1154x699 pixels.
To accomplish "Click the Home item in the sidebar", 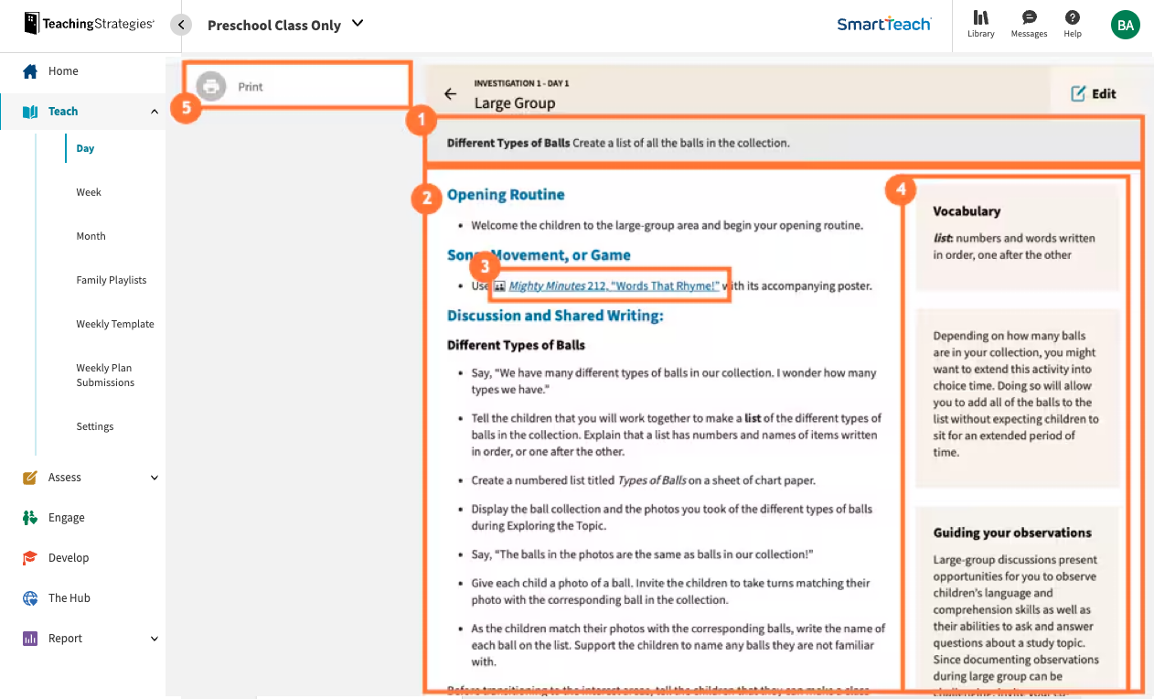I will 62,71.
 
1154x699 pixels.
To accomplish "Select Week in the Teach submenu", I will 89,192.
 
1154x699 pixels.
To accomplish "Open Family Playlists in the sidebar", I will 111,280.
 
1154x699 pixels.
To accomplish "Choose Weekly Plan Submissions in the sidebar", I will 104,375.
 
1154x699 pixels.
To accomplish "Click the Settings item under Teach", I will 94,426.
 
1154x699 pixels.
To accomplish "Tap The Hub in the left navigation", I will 69,598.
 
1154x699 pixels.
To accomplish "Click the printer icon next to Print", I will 211,87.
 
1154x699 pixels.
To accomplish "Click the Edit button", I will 1094,93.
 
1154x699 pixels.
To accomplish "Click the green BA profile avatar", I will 1125,26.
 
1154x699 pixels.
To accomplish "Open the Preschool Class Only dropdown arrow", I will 358,24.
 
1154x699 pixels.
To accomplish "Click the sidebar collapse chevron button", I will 181,25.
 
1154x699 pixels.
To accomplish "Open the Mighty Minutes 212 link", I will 614,285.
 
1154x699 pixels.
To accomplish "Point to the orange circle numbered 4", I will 901,190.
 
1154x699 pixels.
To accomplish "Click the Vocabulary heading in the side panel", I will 967,211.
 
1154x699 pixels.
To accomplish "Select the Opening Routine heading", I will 506,195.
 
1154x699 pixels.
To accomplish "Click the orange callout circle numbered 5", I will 187,108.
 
